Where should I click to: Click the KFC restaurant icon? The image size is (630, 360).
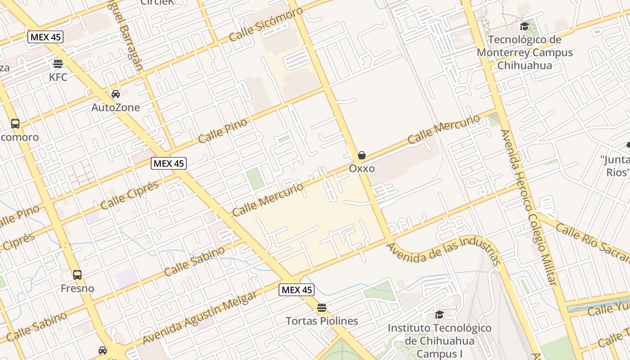tap(58, 63)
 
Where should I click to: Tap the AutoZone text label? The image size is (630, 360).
tap(116, 108)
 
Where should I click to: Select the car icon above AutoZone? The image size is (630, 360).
tap(116, 94)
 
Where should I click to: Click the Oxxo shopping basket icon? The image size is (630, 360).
tap(362, 155)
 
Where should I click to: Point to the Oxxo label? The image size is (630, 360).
tap(362, 168)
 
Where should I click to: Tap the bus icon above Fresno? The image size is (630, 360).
tap(77, 275)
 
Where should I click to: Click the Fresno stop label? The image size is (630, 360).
tap(77, 288)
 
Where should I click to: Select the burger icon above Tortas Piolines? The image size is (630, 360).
tap(321, 308)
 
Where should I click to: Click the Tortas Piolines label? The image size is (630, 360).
tap(322, 321)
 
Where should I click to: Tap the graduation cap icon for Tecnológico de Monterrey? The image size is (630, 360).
tap(524, 27)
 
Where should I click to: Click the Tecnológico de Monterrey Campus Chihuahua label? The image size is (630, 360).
tap(525, 53)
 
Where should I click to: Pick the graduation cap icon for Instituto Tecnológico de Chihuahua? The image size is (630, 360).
tap(440, 315)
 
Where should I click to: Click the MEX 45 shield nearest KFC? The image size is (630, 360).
tap(45, 37)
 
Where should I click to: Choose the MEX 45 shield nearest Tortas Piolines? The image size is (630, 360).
tap(296, 290)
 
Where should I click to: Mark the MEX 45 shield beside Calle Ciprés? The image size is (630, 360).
tap(168, 163)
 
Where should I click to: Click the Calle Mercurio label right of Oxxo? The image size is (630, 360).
tap(444, 130)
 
